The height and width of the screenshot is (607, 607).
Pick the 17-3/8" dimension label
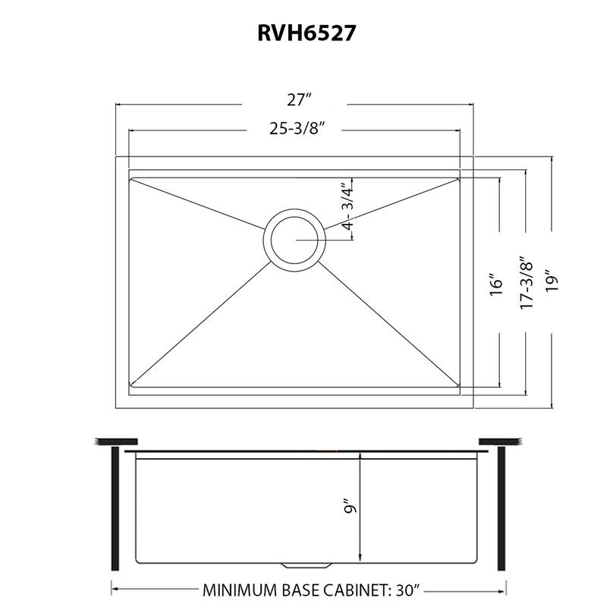pos(524,281)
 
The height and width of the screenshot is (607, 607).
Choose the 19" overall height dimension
pos(551,281)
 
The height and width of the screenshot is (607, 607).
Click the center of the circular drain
pos(294,237)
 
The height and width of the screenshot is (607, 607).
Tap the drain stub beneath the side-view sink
pos(308,565)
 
